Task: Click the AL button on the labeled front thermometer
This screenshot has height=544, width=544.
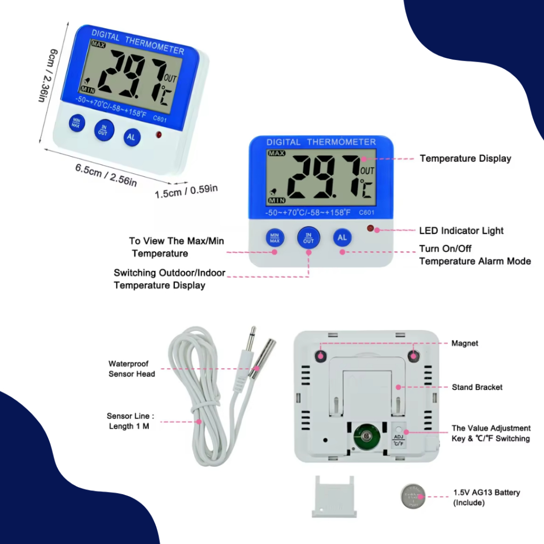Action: click(x=342, y=237)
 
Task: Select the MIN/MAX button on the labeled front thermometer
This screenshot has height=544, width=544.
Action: click(x=275, y=237)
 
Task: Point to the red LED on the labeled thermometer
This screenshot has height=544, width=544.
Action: click(x=370, y=228)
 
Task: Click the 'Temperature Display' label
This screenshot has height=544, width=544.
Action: click(x=465, y=158)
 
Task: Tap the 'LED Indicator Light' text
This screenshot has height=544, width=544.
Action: click(x=461, y=231)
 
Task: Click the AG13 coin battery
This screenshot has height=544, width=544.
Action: click(x=413, y=497)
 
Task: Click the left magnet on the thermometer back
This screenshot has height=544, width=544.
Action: click(x=321, y=354)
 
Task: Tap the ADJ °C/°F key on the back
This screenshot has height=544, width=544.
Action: click(x=398, y=437)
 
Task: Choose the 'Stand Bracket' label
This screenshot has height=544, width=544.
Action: click(x=477, y=387)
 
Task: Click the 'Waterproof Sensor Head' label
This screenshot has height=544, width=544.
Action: click(x=132, y=369)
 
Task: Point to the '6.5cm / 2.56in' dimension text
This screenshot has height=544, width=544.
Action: click(x=106, y=176)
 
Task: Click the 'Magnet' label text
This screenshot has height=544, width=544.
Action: click(x=465, y=344)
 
